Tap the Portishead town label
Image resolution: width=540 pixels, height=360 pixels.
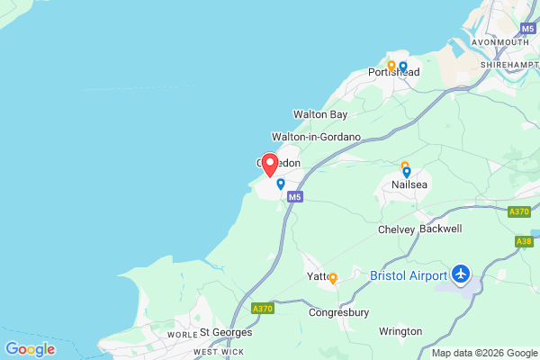click(394, 72)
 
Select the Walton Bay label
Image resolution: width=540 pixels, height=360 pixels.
click(319, 114)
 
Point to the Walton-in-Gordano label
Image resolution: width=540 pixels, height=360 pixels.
click(316, 137)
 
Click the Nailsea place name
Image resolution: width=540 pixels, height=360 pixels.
click(409, 184)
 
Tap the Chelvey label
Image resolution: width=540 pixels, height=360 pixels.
click(396, 229)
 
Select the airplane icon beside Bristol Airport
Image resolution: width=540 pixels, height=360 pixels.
click(462, 272)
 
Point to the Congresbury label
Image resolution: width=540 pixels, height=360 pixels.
click(338, 313)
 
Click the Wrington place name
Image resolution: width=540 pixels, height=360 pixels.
click(400, 331)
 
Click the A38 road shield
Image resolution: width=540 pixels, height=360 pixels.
click(525, 241)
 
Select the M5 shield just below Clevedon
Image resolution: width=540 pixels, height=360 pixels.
click(297, 196)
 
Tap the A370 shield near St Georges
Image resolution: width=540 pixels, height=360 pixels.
click(262, 309)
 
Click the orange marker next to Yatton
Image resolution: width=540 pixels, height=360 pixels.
click(333, 278)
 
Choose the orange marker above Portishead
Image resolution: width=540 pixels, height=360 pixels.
click(391, 66)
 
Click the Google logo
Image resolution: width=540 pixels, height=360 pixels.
click(30, 349)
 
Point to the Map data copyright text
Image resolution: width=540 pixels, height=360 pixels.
click(484, 352)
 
